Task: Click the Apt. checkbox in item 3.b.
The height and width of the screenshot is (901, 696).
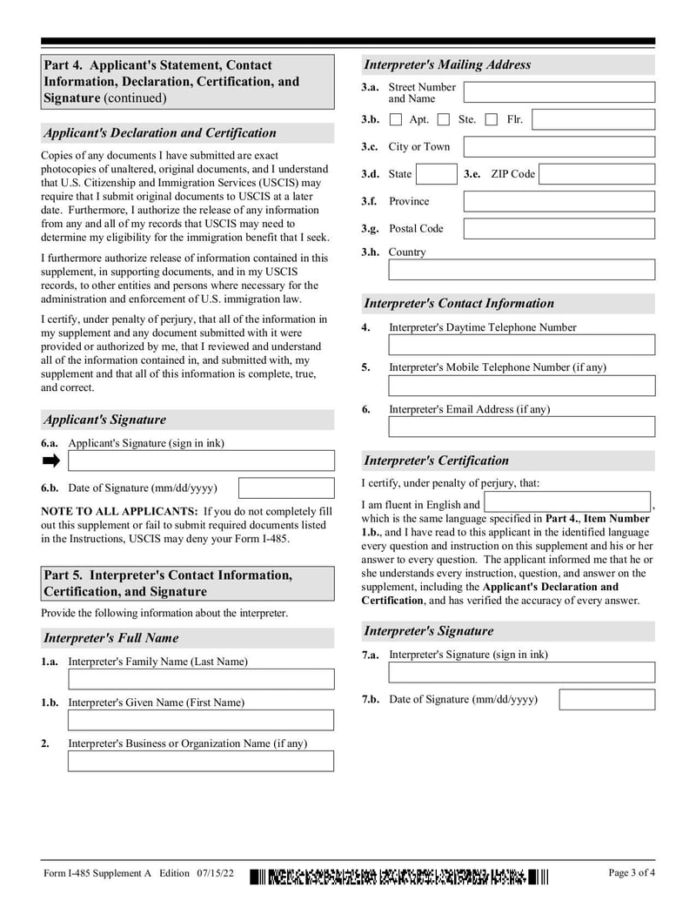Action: [396, 119]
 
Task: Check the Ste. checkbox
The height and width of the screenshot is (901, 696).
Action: [444, 119]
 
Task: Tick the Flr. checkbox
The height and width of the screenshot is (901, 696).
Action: [492, 119]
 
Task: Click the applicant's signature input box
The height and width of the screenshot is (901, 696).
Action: [201, 461]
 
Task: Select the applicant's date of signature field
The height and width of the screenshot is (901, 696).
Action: [286, 488]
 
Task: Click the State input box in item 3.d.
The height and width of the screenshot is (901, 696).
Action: [436, 174]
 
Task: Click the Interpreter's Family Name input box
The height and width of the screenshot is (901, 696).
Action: [201, 679]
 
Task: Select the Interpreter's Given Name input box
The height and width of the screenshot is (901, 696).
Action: [201, 720]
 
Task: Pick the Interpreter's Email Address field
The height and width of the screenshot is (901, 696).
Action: [521, 427]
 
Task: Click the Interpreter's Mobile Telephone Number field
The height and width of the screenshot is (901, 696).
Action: [521, 386]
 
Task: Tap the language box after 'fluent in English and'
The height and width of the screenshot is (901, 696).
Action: [567, 502]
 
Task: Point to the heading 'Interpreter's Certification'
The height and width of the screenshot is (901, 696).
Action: [436, 461]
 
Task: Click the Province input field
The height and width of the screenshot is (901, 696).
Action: [559, 201]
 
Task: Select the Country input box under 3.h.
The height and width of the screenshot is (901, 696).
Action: [521, 270]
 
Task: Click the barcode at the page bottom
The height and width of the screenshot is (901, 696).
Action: [401, 876]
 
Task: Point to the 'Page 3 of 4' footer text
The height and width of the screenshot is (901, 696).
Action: [632, 873]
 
